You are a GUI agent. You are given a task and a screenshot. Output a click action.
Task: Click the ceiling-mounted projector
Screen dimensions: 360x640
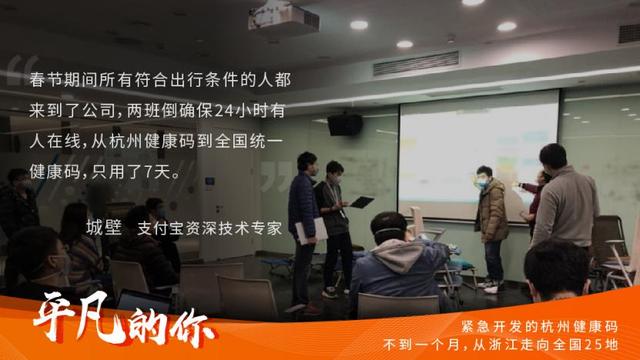tap(297, 16)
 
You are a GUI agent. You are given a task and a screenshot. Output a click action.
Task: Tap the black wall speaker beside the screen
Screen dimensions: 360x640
tap(344, 124)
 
